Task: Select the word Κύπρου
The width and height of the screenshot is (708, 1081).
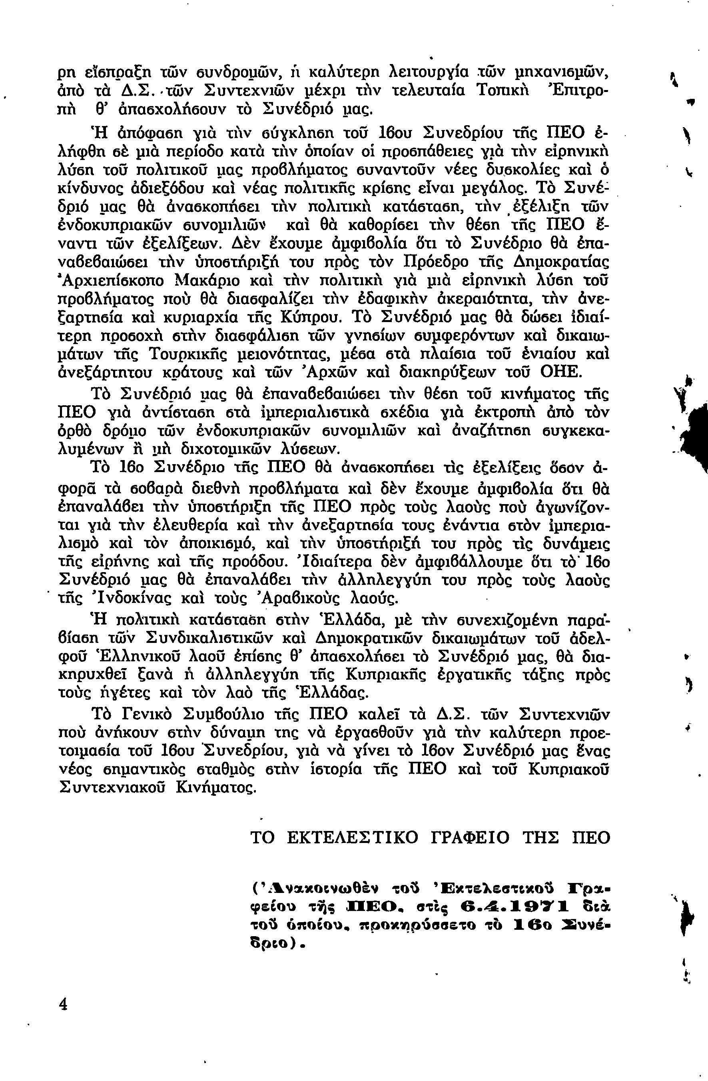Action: tap(309, 318)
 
